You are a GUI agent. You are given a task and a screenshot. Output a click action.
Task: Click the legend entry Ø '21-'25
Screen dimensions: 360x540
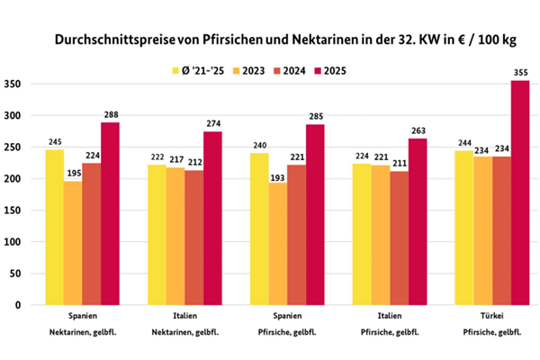pos(193,69)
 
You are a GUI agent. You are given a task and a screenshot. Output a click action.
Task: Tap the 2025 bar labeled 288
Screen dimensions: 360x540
pos(110,213)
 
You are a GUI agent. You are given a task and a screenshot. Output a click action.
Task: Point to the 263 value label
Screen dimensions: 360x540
pos(417,130)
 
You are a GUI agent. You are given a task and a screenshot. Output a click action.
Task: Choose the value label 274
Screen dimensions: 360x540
pos(212,123)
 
